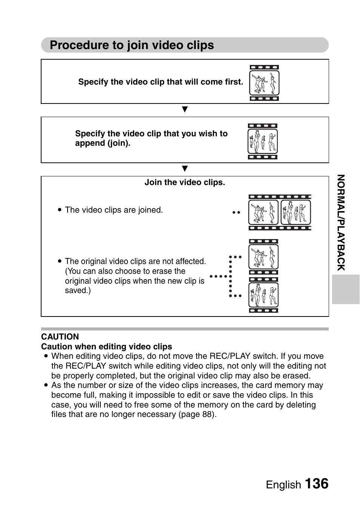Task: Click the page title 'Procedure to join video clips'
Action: pyautogui.click(x=132, y=45)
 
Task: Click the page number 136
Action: pyautogui.click(x=316, y=484)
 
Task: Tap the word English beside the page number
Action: pyautogui.click(x=283, y=485)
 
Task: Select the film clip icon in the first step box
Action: pyautogui.click(x=264, y=83)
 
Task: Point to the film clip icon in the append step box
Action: pyautogui.click(x=263, y=141)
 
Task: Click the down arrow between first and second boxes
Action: pyautogui.click(x=185, y=110)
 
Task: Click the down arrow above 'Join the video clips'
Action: pyautogui.click(x=185, y=168)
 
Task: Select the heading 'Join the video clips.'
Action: pyautogui.click(x=185, y=182)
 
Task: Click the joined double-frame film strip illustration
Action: pyautogui.click(x=280, y=213)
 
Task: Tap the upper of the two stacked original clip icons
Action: pyautogui.click(x=263, y=257)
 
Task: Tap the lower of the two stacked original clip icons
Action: pyautogui.click(x=263, y=295)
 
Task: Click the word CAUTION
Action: pyautogui.click(x=60, y=337)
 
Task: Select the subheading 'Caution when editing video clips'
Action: pyautogui.click(x=106, y=347)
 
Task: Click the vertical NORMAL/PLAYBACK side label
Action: pyautogui.click(x=341, y=223)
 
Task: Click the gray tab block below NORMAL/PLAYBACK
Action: pyautogui.click(x=346, y=289)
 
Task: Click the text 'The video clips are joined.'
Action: pyautogui.click(x=114, y=210)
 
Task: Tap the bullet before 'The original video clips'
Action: pyautogui.click(x=60, y=261)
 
